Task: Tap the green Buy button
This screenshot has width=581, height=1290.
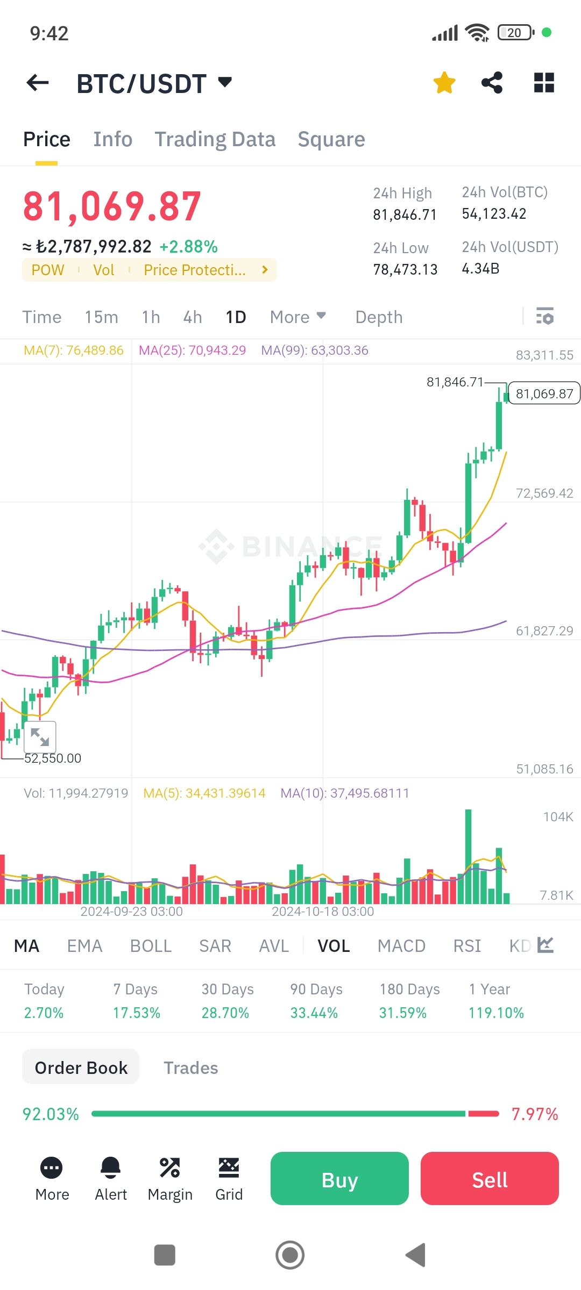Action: [339, 1178]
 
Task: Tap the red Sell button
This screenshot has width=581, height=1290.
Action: [490, 1178]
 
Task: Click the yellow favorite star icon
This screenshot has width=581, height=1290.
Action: [444, 83]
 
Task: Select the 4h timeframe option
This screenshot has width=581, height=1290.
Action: [193, 317]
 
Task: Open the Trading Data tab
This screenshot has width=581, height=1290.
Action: [215, 139]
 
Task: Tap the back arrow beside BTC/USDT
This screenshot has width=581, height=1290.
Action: [38, 83]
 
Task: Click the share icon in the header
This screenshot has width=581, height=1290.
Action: [492, 83]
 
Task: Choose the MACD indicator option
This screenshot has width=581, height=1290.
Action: [401, 946]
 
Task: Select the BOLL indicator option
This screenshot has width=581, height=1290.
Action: [151, 946]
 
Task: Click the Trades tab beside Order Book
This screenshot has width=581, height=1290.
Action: [190, 1068]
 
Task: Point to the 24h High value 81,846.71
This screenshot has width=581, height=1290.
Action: [405, 215]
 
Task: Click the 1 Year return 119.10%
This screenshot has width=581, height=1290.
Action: [496, 1013]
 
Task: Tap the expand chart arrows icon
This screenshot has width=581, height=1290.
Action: [40, 736]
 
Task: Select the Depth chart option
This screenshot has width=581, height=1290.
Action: [379, 317]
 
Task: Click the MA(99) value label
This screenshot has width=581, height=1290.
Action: [315, 350]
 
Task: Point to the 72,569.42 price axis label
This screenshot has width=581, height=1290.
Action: [544, 493]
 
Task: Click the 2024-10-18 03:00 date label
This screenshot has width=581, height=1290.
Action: [323, 912]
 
